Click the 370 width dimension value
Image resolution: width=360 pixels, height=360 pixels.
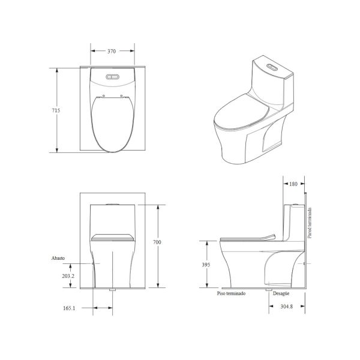(x=112, y=51)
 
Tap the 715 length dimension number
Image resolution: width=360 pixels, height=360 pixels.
(x=56, y=110)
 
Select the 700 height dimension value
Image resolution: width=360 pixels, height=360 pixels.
(x=157, y=242)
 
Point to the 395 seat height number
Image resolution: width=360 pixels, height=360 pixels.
(x=206, y=265)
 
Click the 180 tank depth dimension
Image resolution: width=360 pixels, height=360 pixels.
(x=293, y=184)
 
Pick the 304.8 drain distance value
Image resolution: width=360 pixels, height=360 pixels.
(x=287, y=306)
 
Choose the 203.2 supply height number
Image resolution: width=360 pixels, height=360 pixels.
(x=68, y=276)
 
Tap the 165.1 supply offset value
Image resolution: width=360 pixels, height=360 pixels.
(x=69, y=308)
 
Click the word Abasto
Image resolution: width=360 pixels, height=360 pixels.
(x=58, y=258)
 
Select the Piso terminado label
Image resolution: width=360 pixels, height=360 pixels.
(x=231, y=293)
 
